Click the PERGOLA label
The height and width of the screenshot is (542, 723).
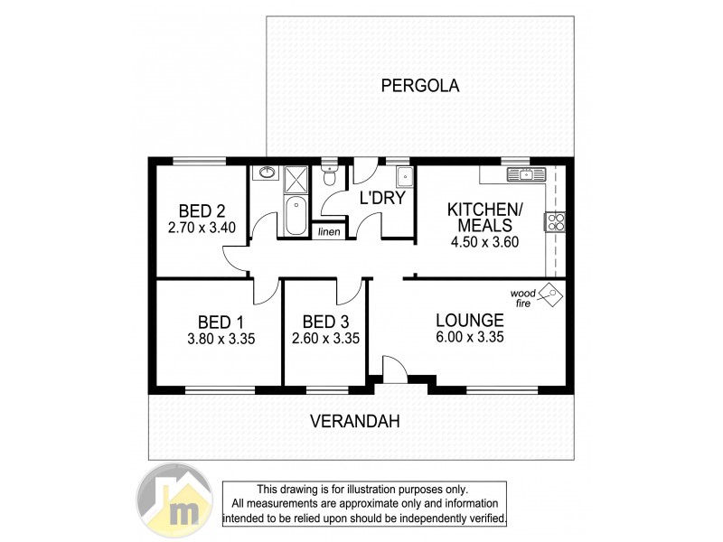point(420,87)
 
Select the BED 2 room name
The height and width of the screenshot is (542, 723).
point(202,210)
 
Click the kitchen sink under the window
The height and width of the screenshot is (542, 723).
point(520,174)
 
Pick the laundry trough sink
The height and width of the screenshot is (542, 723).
point(402,175)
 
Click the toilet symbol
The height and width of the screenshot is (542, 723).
point(330,175)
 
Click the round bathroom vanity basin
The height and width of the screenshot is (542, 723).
point(268,173)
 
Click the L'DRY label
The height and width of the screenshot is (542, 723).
point(381,198)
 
